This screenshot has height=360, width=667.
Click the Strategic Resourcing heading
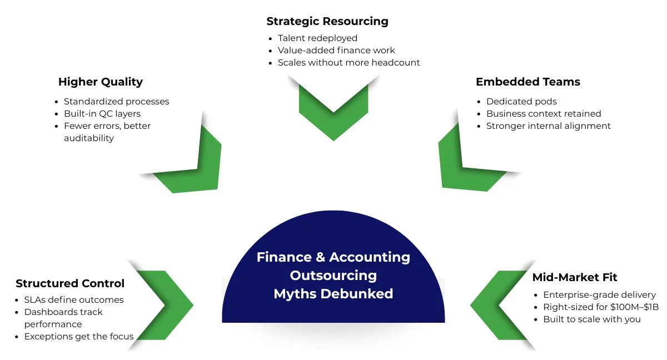[x=327, y=22]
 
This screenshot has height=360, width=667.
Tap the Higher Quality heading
[x=101, y=82]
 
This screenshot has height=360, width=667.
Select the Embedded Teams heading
[x=527, y=82]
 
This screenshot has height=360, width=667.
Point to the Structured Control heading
[x=70, y=283]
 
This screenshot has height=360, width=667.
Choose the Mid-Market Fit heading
[x=575, y=277]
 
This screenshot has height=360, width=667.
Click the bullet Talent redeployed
[x=317, y=38]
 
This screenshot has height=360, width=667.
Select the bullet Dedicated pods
[x=521, y=101]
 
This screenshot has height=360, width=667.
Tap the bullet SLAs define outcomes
[x=74, y=300]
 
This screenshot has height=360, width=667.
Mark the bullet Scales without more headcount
[x=349, y=63]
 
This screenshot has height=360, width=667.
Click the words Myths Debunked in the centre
[x=333, y=293]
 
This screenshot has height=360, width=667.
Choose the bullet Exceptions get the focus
[x=79, y=336]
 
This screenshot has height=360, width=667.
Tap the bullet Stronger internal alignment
[x=549, y=126]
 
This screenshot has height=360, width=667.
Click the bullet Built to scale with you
[x=592, y=319]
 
